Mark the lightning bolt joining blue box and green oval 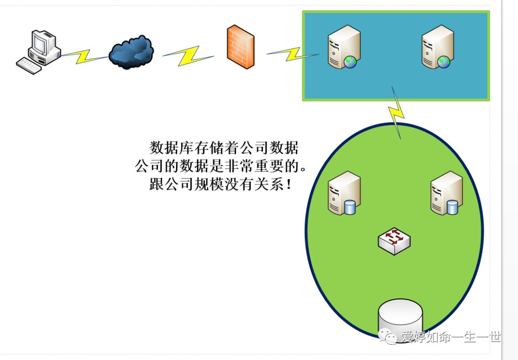(397, 113)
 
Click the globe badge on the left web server (351, 61)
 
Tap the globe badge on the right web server (444, 61)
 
